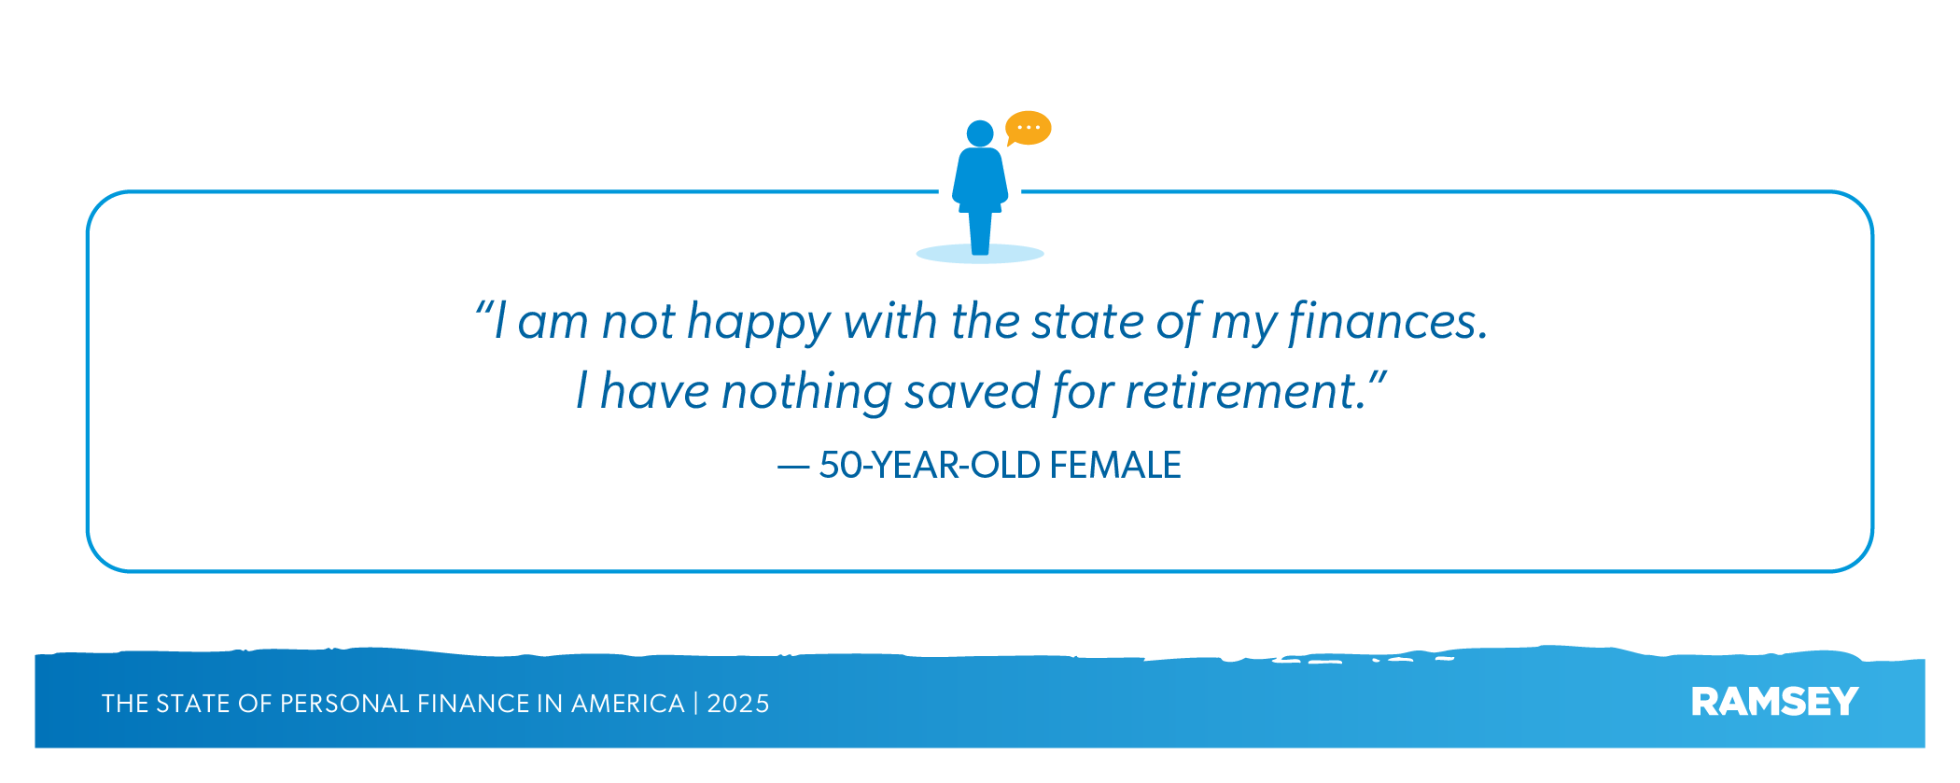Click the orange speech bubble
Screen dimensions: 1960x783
(1029, 128)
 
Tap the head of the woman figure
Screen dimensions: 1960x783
(980, 133)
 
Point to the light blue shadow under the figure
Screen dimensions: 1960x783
(980, 253)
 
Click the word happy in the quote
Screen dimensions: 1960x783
(759, 324)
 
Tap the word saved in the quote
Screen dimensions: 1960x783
(972, 392)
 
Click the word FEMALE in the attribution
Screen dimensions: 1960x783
(1115, 465)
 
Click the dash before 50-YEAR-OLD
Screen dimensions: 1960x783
(792, 467)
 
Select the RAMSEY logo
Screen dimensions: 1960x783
(1774, 702)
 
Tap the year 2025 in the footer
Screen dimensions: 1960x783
(738, 704)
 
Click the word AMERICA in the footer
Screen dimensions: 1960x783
(627, 704)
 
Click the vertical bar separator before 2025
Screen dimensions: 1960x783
(695, 704)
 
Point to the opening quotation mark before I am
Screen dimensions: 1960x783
(483, 307)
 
